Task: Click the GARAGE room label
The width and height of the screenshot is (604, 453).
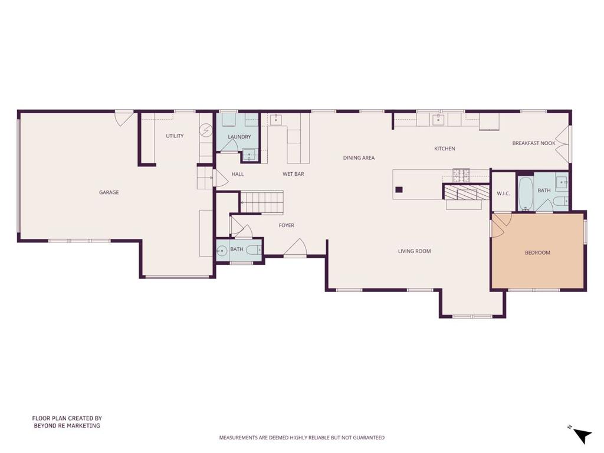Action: click(109, 192)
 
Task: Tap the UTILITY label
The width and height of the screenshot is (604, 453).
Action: click(175, 136)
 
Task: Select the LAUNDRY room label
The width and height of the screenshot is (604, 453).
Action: click(239, 137)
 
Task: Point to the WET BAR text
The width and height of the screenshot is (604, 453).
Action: click(293, 174)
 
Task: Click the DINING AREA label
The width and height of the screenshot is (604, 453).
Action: click(359, 157)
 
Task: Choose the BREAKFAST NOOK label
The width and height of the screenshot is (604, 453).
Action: click(533, 143)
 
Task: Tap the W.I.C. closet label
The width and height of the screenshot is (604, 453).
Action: click(504, 193)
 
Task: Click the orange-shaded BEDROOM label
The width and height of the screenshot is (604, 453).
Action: click(537, 252)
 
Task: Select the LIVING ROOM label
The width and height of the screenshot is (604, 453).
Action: click(414, 251)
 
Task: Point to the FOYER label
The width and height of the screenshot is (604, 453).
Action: click(286, 225)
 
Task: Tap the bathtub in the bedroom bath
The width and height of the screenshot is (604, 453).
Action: click(526, 193)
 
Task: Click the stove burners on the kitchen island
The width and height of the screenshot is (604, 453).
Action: click(461, 176)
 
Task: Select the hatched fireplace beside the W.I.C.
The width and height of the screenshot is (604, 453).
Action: click(466, 192)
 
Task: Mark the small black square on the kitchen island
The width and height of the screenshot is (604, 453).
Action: click(399, 189)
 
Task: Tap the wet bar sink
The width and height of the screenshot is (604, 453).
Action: click(276, 120)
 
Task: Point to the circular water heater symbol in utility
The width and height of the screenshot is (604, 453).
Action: click(205, 130)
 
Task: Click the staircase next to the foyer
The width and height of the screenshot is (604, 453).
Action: click(262, 202)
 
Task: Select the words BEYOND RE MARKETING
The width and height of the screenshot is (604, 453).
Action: click(67, 426)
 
